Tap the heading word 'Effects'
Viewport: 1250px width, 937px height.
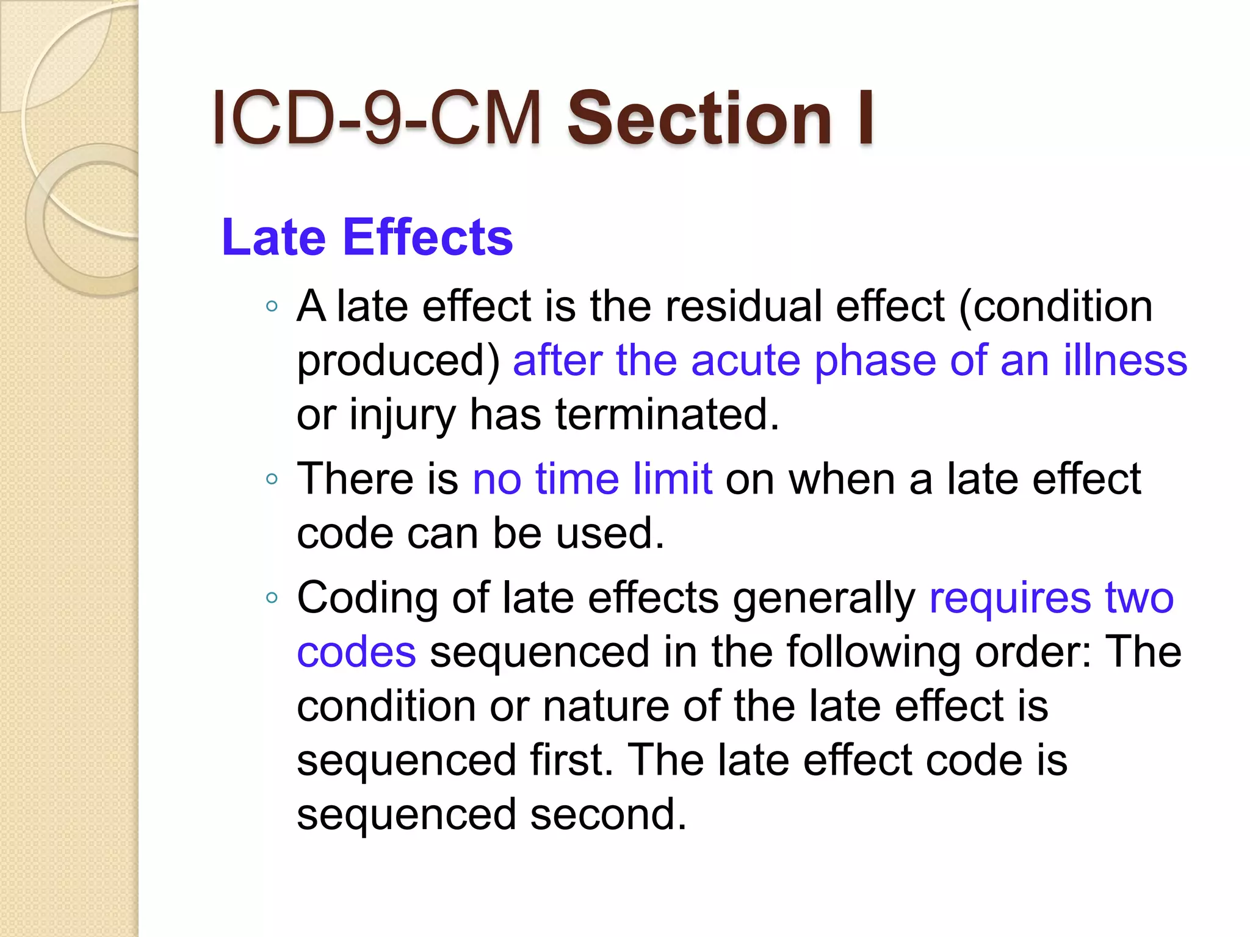428,237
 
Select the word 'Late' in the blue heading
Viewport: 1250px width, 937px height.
274,237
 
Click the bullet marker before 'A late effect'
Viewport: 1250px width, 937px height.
272,306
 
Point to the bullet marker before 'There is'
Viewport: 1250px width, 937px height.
272,479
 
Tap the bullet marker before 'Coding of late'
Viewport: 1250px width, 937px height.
272,598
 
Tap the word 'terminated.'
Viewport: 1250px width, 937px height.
667,414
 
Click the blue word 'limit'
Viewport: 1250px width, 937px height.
673,479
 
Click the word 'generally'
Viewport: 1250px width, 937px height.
824,598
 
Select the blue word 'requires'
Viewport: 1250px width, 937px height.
1010,598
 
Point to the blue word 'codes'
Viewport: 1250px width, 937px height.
356,652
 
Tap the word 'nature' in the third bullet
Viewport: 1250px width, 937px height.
606,706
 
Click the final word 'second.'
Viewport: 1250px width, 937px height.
609,815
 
